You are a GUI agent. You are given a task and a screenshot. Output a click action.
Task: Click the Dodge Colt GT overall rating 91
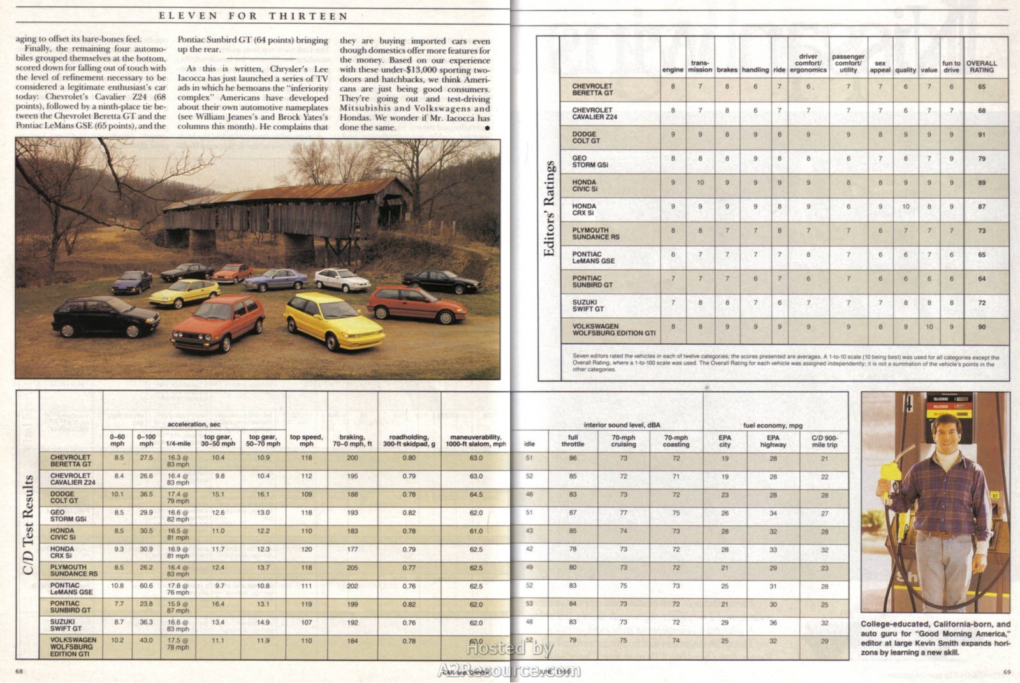pos(982,134)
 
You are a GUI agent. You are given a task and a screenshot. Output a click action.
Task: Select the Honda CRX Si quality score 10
pos(905,206)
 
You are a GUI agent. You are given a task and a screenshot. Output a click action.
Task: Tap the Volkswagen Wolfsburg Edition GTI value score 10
pos(929,326)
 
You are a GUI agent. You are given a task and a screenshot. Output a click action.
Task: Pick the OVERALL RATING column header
pos(982,66)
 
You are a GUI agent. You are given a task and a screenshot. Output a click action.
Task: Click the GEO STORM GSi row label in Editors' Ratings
pos(590,161)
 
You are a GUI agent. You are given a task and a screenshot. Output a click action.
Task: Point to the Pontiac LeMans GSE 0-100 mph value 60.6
pos(146,586)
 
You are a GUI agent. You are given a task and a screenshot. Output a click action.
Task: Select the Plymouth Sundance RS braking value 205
pos(353,567)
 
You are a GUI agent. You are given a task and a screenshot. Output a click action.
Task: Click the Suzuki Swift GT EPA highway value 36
pos(773,622)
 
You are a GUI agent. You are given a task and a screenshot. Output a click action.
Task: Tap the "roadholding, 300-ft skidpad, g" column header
pos(409,440)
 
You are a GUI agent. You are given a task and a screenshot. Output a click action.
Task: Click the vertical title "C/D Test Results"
pos(28,524)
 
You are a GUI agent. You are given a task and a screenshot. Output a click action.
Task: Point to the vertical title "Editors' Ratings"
pos(549,208)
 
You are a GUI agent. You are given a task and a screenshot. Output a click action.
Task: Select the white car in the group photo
pos(342,279)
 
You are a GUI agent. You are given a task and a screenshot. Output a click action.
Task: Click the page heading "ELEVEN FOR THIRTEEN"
pos(253,15)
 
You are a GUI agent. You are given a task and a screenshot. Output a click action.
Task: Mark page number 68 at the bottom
pos(19,671)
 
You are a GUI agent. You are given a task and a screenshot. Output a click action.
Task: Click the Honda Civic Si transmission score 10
pos(700,183)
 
